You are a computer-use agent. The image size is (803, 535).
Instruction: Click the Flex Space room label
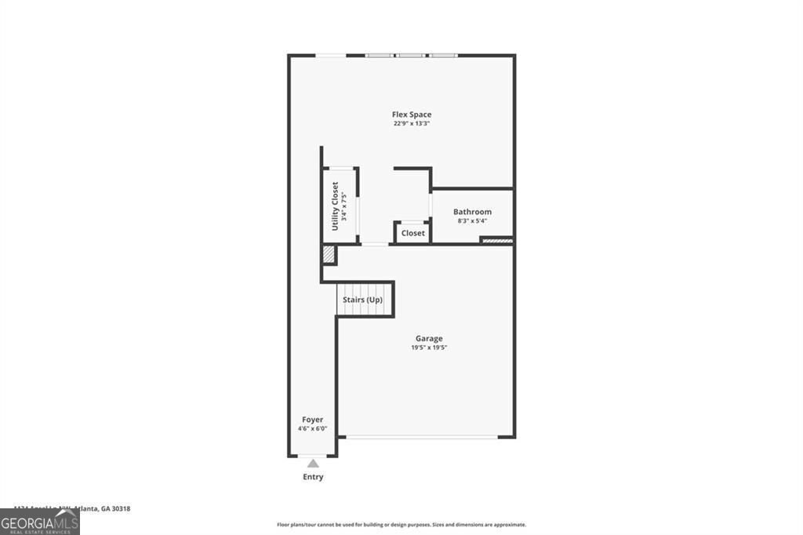pos(412,115)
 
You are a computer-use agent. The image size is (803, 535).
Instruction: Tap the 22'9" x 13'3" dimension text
pos(412,124)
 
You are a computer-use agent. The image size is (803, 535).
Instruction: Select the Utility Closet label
pos(335,206)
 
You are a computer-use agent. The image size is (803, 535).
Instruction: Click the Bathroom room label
pos(472,212)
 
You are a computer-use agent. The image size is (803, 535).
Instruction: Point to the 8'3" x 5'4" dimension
pos(472,221)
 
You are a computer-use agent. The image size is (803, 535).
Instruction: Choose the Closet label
pos(412,233)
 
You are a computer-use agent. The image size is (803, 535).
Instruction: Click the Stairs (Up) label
pos(362,300)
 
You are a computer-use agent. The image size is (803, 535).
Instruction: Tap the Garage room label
pos(429,339)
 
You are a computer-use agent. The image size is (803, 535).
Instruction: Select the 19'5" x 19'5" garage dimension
pos(429,348)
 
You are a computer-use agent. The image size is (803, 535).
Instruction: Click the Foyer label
pos(312,420)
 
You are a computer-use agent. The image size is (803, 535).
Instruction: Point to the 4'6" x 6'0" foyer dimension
pos(312,429)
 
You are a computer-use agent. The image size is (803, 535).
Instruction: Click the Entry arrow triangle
pos(313,463)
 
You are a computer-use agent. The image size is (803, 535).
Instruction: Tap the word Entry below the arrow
pos(313,477)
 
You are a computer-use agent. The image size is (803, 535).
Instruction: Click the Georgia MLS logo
pos(39,522)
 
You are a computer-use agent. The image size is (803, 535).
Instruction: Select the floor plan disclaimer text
pos(401,525)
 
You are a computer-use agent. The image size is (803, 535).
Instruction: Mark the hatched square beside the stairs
pos(329,255)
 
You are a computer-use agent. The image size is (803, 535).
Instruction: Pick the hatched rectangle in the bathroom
pos(496,240)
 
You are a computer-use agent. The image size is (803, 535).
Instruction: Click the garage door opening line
pos(421,437)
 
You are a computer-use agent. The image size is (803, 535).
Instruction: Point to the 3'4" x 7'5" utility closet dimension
pos(343,206)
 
